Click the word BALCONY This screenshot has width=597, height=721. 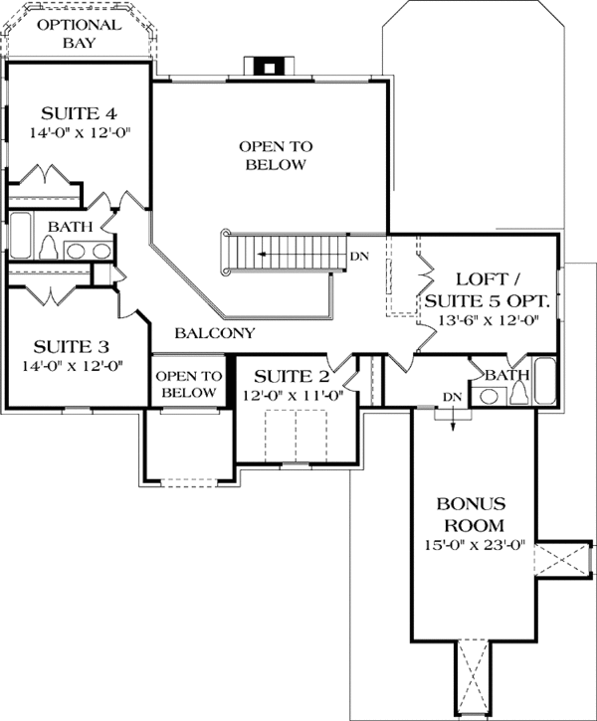point(215,333)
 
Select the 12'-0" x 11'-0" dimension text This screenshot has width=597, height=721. point(292,395)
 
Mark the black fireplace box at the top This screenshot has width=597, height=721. point(266,68)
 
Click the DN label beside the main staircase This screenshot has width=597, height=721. point(359,257)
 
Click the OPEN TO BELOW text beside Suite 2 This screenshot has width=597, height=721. point(188,384)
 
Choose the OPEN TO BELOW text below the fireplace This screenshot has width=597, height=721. point(276,155)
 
